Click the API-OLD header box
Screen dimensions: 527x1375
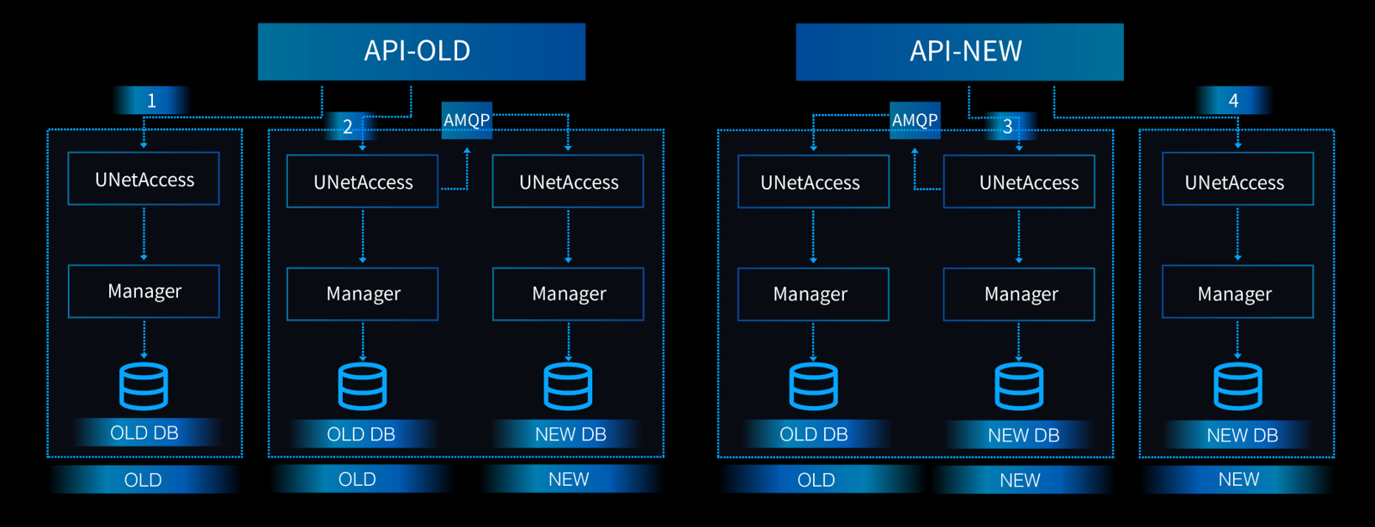click(421, 51)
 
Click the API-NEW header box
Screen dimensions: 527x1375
click(959, 51)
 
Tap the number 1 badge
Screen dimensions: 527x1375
click(151, 100)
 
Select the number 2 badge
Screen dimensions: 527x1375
click(347, 127)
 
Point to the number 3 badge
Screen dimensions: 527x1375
click(1007, 127)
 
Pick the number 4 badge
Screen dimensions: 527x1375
click(1233, 100)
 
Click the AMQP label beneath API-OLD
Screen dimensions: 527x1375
click(467, 120)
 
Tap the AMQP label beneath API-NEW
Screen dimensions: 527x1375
click(914, 120)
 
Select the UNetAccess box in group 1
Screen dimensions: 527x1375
click(144, 179)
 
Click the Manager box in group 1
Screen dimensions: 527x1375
click(144, 292)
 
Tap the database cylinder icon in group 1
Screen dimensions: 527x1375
click(144, 386)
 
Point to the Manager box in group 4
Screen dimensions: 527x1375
click(1237, 293)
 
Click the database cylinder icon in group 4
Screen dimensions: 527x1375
click(1237, 386)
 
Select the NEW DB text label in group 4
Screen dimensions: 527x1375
click(1242, 435)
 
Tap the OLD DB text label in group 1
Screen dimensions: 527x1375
click(144, 433)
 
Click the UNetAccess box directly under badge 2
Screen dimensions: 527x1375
click(362, 181)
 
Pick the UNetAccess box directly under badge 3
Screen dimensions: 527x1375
click(1019, 182)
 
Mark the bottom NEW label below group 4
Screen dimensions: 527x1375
click(1238, 480)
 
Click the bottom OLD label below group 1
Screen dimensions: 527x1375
click(143, 480)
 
